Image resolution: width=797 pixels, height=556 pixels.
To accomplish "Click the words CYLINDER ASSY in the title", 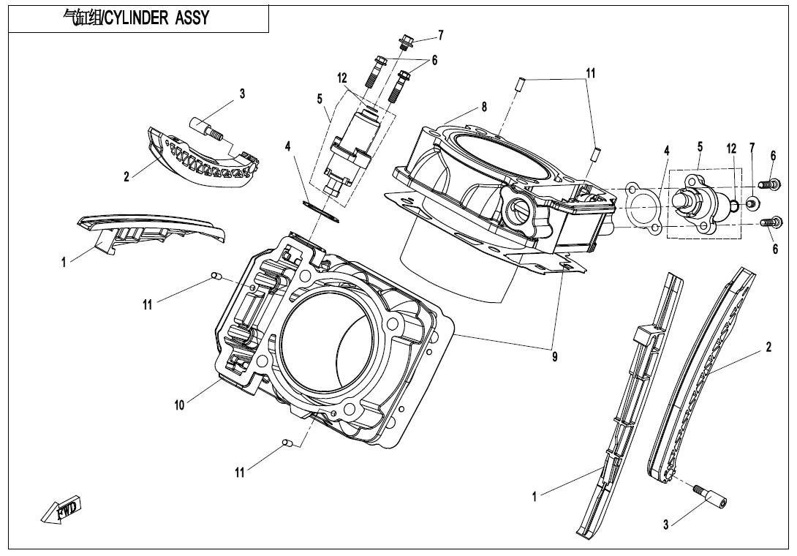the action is pyautogui.click(x=156, y=18).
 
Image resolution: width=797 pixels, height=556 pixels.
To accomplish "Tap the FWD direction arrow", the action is pyautogui.click(x=61, y=509).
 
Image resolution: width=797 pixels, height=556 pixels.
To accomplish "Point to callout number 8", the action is pyautogui.click(x=484, y=107).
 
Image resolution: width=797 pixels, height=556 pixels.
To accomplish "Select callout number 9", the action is pyautogui.click(x=554, y=357).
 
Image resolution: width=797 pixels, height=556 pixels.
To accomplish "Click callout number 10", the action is pyautogui.click(x=179, y=405).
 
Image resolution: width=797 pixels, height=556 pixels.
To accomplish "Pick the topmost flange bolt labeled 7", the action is pyautogui.click(x=406, y=41).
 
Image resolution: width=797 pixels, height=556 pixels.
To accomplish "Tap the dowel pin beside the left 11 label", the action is pyautogui.click(x=216, y=277).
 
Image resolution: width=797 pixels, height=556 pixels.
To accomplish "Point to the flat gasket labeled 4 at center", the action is pyautogui.click(x=320, y=211).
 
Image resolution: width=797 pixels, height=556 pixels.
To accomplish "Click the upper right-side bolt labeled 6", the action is pyautogui.click(x=768, y=184).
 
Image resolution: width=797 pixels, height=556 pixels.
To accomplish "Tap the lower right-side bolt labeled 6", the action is pyautogui.click(x=770, y=222).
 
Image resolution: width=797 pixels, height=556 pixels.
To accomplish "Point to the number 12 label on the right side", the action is pyautogui.click(x=731, y=149).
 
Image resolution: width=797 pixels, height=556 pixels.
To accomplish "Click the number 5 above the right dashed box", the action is pyautogui.click(x=700, y=147).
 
